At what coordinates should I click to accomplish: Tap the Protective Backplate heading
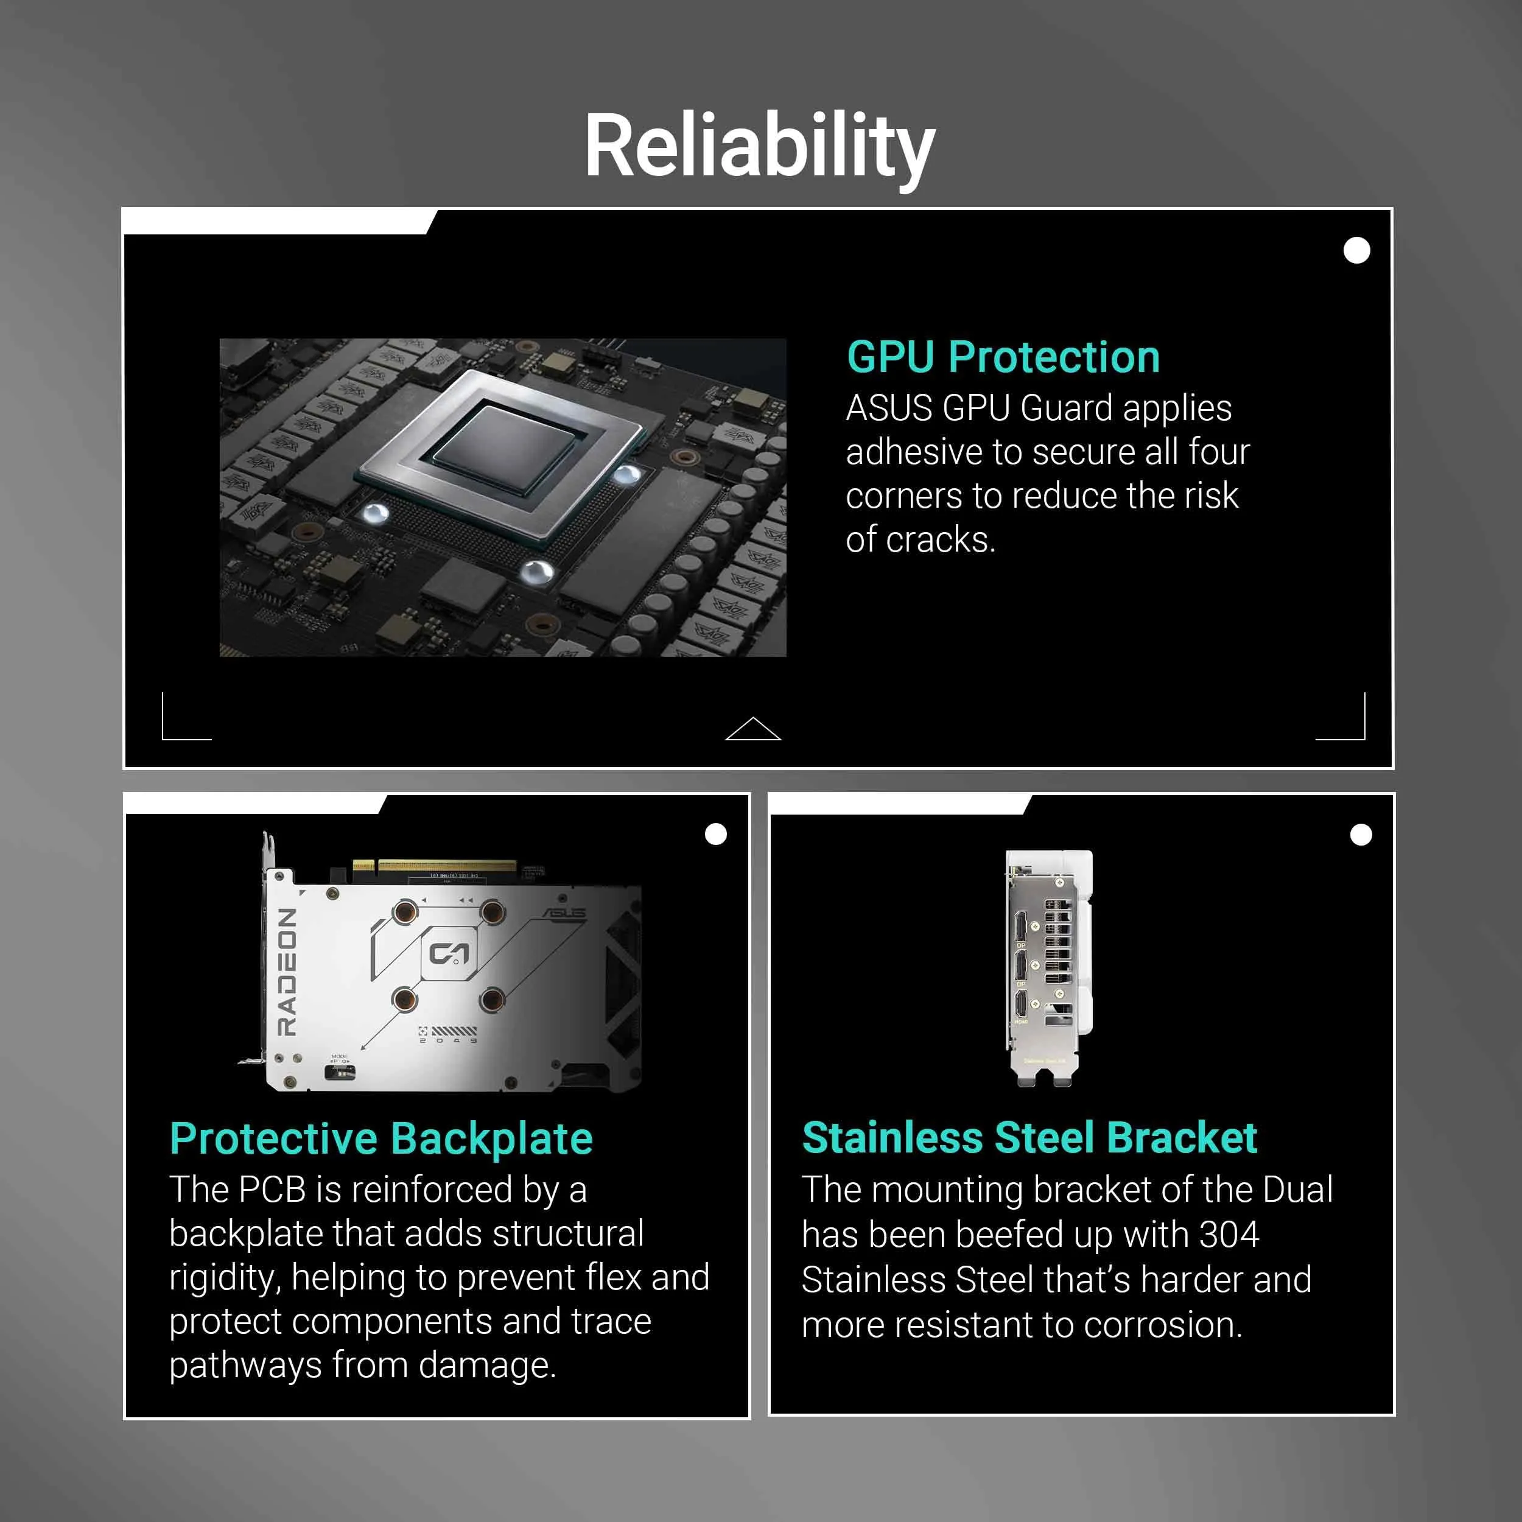[381, 1139]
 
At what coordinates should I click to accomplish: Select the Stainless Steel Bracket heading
[1029, 1138]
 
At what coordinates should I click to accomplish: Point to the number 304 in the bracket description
[1229, 1235]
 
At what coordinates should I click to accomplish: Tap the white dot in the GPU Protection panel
[1356, 250]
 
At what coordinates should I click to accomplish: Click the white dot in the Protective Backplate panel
[716, 834]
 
